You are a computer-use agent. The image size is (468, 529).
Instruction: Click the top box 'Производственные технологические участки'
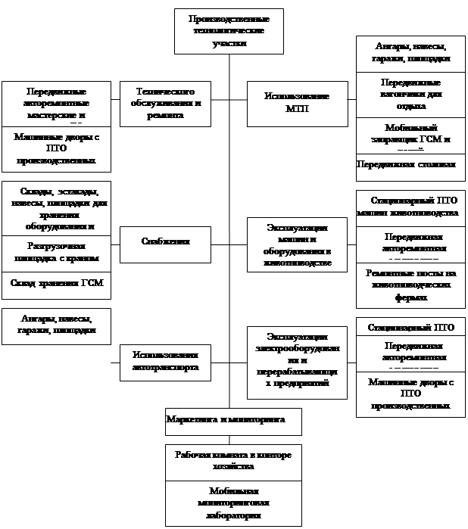(229, 31)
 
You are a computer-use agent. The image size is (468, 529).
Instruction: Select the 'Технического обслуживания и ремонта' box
(165, 103)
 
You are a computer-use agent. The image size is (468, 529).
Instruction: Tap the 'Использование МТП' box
(297, 103)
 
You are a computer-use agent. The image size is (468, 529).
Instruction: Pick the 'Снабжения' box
(165, 241)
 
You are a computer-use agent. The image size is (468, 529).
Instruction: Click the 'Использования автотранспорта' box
(165, 361)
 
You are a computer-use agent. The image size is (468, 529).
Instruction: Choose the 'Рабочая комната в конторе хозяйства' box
(233, 462)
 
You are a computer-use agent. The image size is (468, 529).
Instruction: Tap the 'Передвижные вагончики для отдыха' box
(410, 94)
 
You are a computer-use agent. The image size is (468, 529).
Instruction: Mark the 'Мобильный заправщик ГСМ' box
(410, 135)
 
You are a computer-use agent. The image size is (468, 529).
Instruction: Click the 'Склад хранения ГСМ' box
(56, 283)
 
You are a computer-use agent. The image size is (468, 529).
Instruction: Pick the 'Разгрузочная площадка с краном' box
(56, 252)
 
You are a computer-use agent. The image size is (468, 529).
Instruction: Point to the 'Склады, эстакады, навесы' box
(56, 208)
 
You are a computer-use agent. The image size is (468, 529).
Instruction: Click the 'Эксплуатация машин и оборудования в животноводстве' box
(297, 244)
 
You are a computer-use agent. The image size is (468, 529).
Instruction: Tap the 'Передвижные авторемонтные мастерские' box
(56, 103)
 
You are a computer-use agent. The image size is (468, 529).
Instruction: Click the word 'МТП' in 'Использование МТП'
(297, 109)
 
